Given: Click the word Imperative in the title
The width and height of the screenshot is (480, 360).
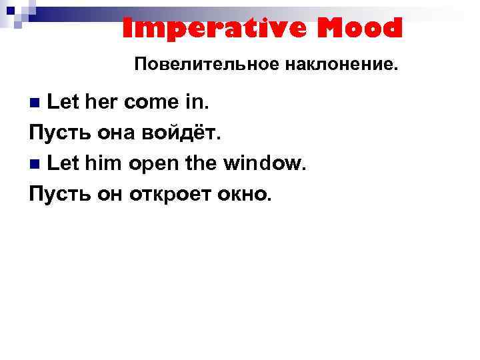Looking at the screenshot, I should tap(203, 29).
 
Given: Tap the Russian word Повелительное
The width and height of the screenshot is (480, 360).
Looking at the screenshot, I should tap(197, 65).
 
